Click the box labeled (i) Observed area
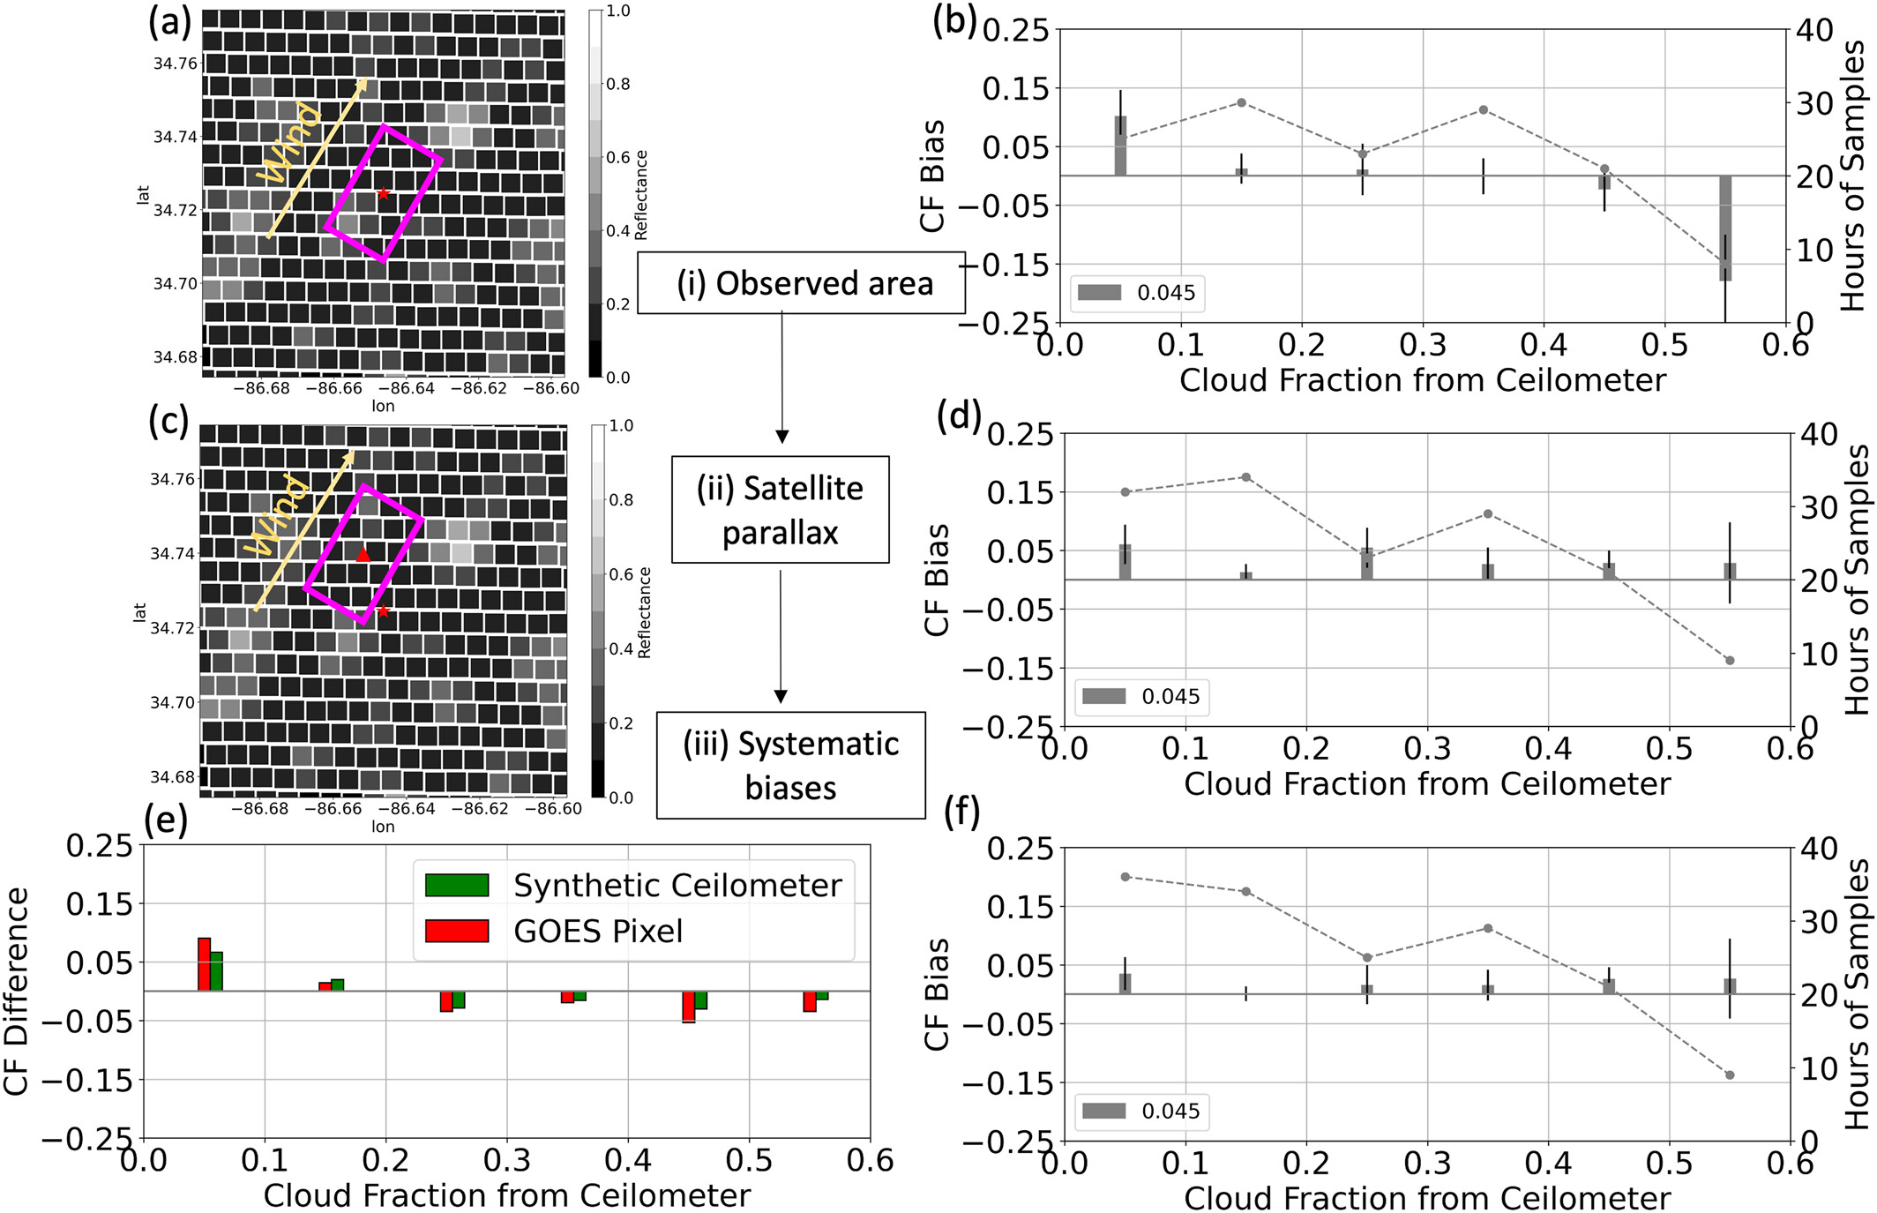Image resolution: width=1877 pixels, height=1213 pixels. (x=801, y=283)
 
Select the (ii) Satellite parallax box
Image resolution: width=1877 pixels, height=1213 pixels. (x=780, y=510)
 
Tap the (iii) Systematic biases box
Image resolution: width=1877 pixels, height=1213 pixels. (x=790, y=765)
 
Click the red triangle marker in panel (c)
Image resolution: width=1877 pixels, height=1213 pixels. (x=363, y=555)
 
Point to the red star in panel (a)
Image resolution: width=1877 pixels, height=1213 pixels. (x=383, y=193)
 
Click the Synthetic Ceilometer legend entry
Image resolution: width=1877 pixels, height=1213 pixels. (x=456, y=885)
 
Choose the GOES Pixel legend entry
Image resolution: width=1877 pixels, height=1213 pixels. (x=456, y=931)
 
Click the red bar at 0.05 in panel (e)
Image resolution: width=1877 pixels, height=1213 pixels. (x=204, y=964)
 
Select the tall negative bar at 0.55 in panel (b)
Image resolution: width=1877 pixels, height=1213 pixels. (x=1725, y=228)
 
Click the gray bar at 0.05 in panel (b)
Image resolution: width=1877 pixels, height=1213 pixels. (x=1120, y=146)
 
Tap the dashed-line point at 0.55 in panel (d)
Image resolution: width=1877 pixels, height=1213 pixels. (x=1730, y=661)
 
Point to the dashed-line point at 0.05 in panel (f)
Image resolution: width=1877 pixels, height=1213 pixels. (x=1125, y=877)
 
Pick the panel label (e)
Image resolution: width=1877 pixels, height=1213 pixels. (x=166, y=820)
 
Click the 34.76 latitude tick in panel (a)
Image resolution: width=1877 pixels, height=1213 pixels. (x=175, y=64)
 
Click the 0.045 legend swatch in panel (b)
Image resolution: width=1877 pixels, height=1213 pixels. (x=1099, y=293)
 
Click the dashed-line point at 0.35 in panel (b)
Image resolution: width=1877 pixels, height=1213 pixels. (x=1484, y=110)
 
